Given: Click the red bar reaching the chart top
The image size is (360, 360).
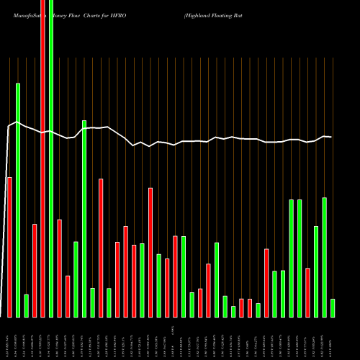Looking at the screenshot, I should click(x=42, y=158).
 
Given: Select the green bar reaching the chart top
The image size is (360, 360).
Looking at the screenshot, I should click(x=51, y=158).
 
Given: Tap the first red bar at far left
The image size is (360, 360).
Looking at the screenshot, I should click(x=9, y=247).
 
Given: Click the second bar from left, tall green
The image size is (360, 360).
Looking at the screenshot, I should click(x=18, y=200).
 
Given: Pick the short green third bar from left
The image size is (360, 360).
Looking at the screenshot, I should click(x=26, y=306).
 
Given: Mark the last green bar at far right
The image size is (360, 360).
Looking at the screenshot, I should click(x=333, y=308).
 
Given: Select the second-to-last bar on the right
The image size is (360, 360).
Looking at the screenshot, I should click(x=325, y=257).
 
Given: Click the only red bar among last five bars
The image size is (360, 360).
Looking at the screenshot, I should click(x=308, y=292).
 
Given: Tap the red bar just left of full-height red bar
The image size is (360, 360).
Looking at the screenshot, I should click(x=35, y=271).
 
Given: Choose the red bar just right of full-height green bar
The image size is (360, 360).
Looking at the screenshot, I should click(x=59, y=268).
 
